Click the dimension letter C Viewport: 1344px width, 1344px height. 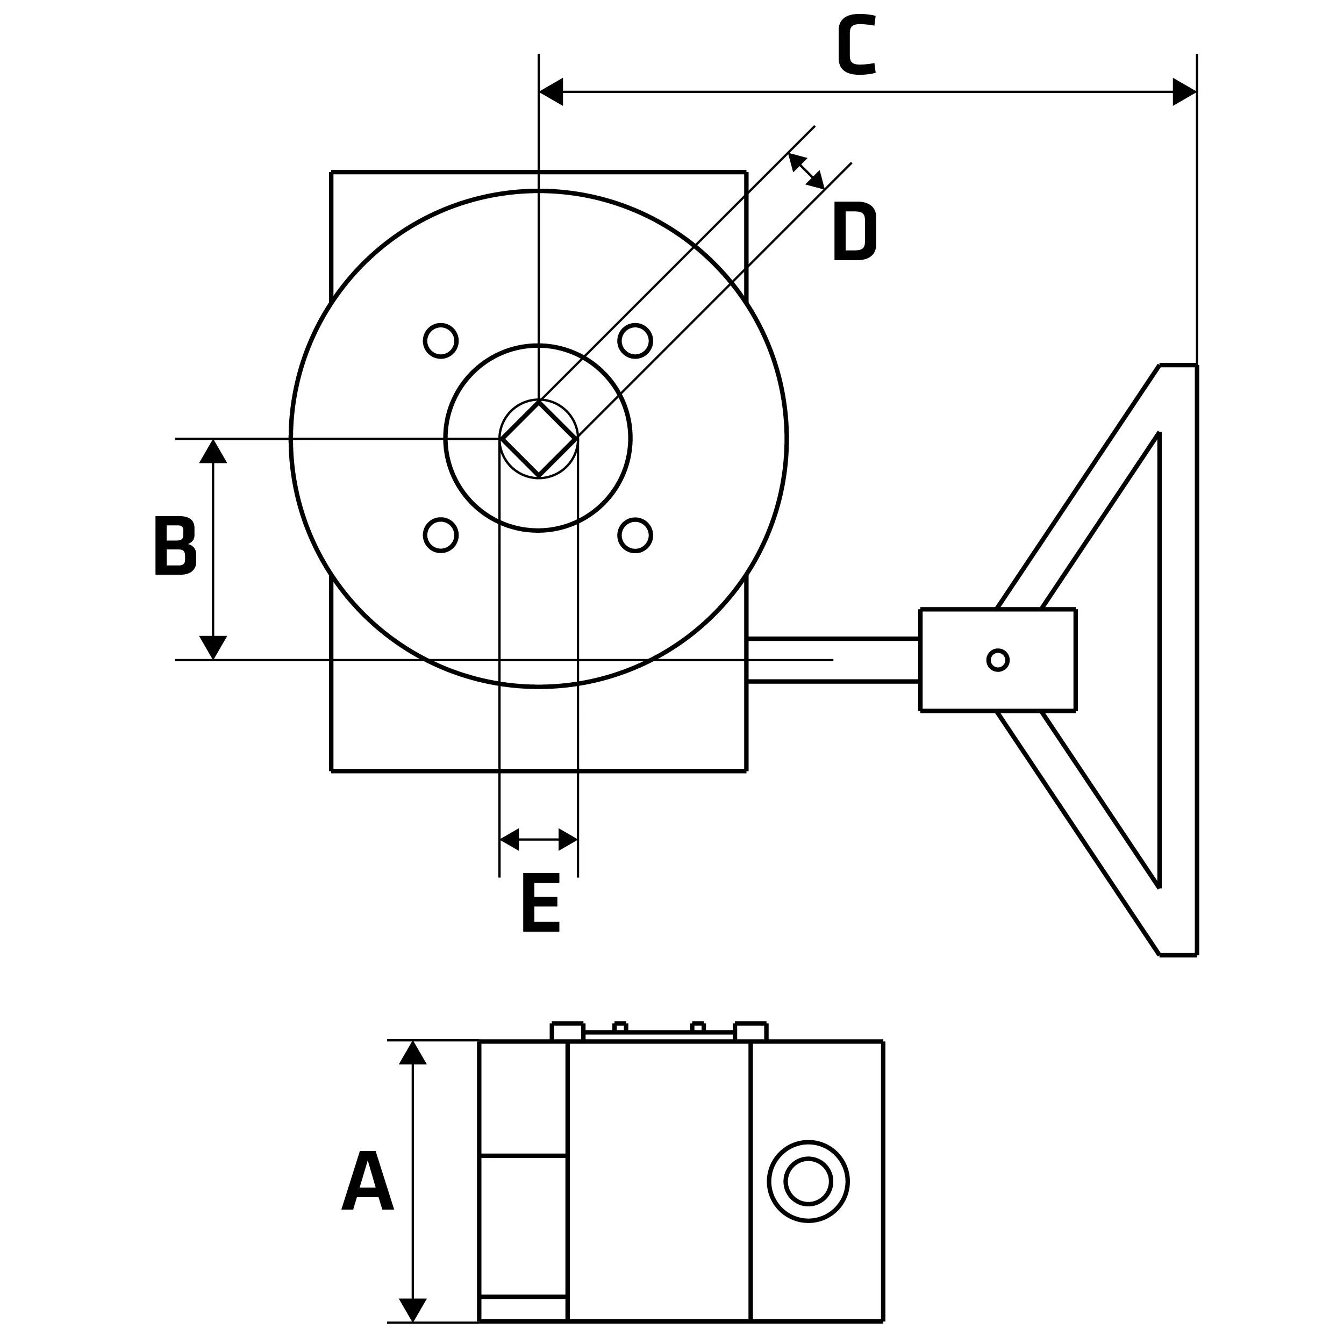(x=856, y=45)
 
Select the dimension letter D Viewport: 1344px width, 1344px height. (x=855, y=231)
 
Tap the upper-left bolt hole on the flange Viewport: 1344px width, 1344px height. (x=440, y=341)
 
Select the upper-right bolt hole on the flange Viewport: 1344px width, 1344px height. (x=634, y=341)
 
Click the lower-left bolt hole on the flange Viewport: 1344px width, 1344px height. (x=440, y=535)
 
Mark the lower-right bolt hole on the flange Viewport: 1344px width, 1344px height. (x=634, y=535)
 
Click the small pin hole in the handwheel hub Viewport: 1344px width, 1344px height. (x=998, y=660)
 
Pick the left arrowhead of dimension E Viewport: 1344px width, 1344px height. (x=510, y=839)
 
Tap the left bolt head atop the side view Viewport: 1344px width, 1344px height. (x=567, y=1032)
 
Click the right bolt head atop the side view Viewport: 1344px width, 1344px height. (x=750, y=1032)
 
